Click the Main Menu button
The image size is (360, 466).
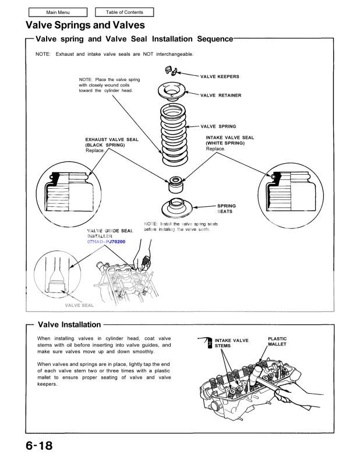coord(52,12)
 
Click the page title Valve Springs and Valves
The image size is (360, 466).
coord(85,25)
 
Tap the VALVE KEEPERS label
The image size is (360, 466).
coord(219,76)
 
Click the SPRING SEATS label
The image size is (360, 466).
coord(226,209)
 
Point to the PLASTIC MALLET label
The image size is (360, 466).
coord(277,341)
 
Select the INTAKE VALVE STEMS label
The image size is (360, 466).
coord(231,343)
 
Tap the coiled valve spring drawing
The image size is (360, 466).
coord(174,133)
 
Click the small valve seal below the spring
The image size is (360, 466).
coord(174,183)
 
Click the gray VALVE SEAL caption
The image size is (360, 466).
coord(79,305)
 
